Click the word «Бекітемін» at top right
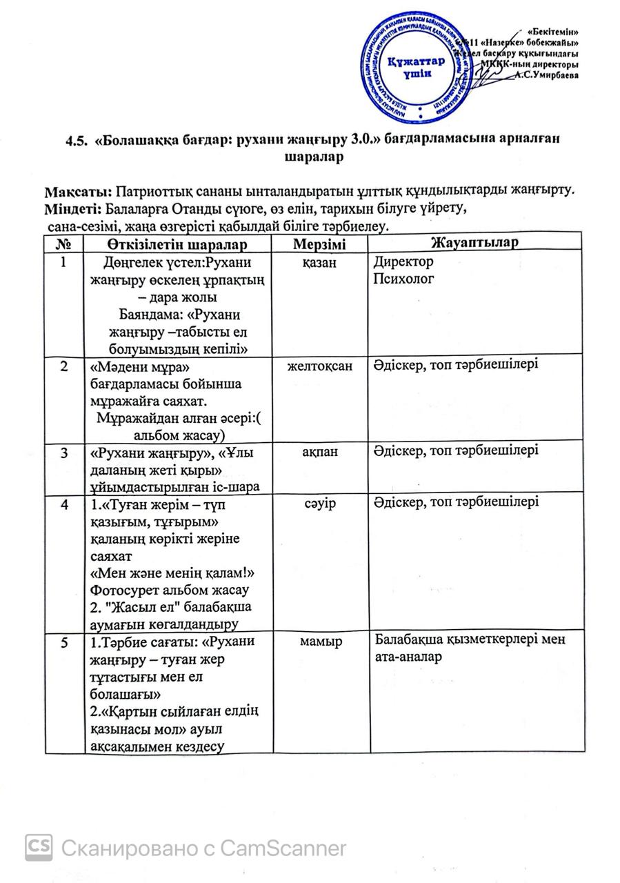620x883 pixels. click(552, 32)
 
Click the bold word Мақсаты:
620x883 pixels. click(80, 190)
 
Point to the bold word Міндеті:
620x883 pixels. click(73, 208)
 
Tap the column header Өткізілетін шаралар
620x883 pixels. click(177, 244)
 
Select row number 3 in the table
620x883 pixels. click(63, 453)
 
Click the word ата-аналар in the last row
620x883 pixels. click(408, 657)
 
